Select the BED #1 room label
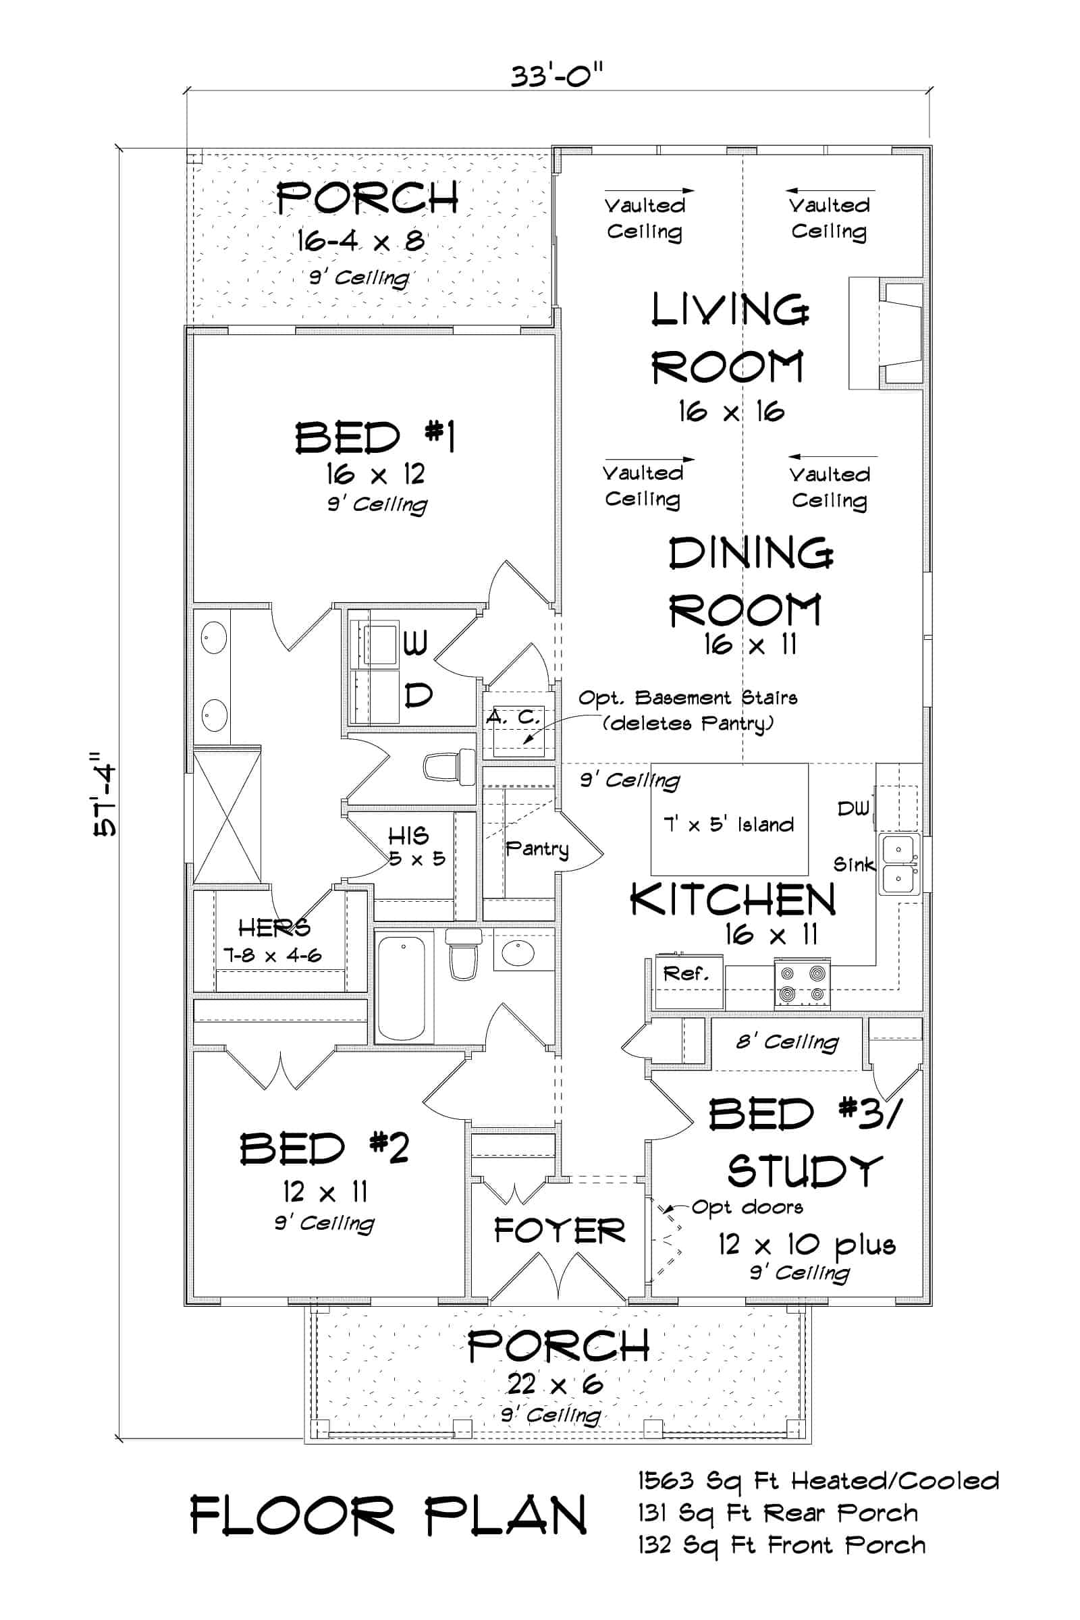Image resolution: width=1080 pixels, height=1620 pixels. (x=375, y=437)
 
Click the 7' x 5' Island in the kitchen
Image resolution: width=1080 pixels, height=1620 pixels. (x=730, y=823)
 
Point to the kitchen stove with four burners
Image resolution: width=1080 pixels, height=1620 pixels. (x=803, y=983)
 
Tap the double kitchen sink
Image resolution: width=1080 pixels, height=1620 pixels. (x=898, y=864)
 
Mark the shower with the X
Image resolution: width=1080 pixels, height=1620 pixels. (x=227, y=817)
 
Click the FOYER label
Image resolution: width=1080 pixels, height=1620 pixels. (x=560, y=1231)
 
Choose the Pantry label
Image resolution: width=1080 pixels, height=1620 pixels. (x=537, y=848)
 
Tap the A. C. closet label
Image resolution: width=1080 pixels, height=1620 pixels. (x=513, y=717)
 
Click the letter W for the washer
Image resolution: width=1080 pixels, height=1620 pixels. (x=415, y=643)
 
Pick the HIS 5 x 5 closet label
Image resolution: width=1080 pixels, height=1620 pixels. (x=413, y=846)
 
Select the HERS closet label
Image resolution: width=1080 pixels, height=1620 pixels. (x=273, y=929)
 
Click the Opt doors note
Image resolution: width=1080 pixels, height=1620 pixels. (x=747, y=1207)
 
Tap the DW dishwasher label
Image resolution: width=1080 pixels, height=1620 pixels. (x=853, y=808)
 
